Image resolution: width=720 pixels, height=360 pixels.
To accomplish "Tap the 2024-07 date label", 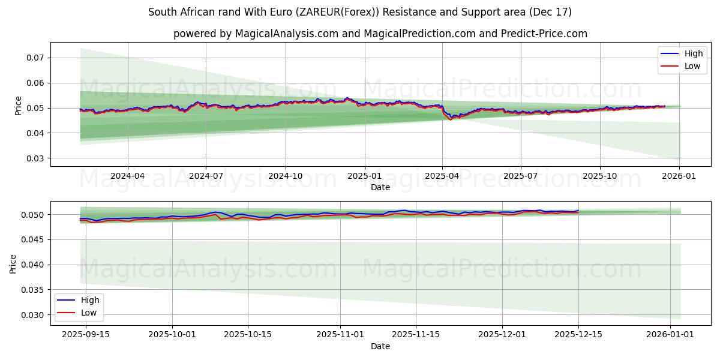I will [206, 176].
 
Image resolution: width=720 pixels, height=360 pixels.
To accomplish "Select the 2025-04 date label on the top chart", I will [442, 176].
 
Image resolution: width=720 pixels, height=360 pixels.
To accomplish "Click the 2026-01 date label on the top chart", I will [679, 176].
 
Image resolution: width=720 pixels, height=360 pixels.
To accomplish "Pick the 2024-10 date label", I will [285, 176].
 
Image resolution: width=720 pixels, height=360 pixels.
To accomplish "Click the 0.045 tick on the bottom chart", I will [34, 239].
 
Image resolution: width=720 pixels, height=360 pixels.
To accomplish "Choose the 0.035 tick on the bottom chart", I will [34, 290].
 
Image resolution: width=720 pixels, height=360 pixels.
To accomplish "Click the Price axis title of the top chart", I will [18, 105].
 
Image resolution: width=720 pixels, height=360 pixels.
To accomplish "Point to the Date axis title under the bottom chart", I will [380, 346].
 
